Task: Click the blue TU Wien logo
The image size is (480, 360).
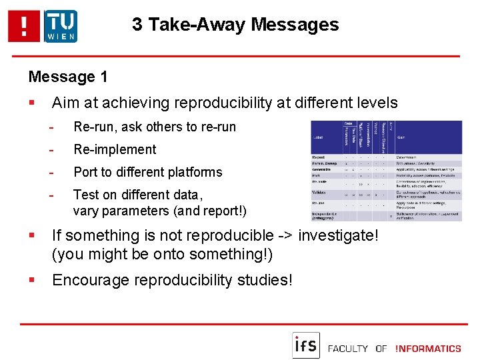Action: (61, 27)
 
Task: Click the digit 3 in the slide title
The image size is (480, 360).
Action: (137, 25)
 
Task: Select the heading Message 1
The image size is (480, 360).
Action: (68, 77)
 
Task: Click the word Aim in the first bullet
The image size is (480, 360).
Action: (65, 103)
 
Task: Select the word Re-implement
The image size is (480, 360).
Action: (115, 149)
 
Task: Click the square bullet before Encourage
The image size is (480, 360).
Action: (31, 280)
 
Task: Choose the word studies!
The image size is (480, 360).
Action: (265, 280)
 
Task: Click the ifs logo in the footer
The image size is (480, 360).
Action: (306, 345)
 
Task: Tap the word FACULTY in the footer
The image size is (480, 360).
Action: (348, 348)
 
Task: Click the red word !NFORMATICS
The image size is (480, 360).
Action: (427, 348)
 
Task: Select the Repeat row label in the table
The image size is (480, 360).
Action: (319, 157)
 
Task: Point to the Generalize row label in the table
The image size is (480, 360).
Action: (321, 169)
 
